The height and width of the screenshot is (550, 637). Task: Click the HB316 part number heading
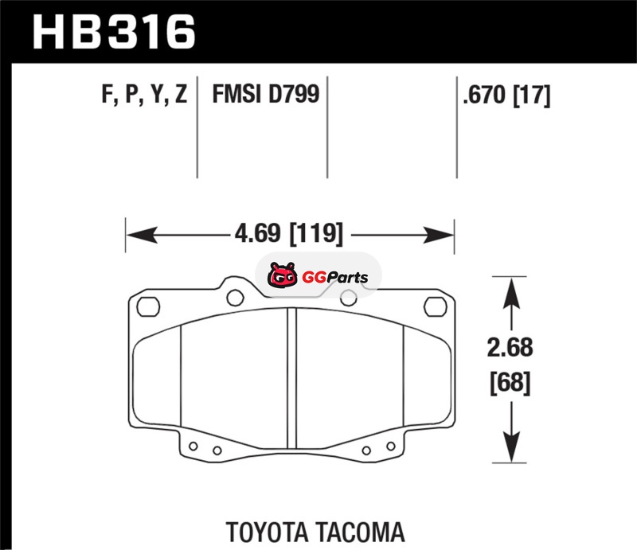pyautogui.click(x=114, y=32)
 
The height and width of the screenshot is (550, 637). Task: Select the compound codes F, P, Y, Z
pyautogui.click(x=144, y=95)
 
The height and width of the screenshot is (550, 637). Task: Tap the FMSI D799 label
pyautogui.click(x=266, y=94)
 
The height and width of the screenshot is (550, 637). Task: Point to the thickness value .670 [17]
pyautogui.click(x=506, y=95)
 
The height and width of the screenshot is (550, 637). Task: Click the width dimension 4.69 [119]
pyautogui.click(x=289, y=233)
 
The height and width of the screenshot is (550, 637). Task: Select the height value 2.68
pyautogui.click(x=510, y=348)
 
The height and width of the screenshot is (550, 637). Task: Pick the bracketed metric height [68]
pyautogui.click(x=510, y=383)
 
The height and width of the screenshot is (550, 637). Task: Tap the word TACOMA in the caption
pyautogui.click(x=360, y=532)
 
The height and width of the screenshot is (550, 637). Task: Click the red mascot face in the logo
pyautogui.click(x=282, y=275)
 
